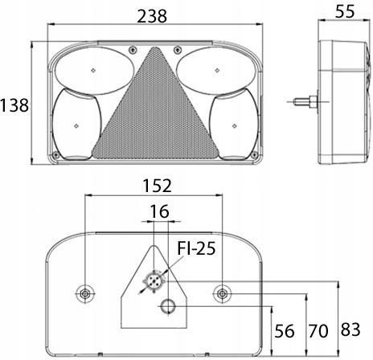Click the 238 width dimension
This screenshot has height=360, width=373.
pos(152,16)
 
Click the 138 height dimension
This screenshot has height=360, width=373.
pos(14,105)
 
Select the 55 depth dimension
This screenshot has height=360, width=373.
pos(345,11)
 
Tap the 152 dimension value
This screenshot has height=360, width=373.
pos(157,186)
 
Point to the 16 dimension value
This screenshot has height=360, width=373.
pos(159,211)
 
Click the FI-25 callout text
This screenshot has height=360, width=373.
pos(196,248)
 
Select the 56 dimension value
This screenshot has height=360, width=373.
pos(285,331)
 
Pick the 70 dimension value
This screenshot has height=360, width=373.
pos(318,331)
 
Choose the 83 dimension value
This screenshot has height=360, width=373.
pos(350,329)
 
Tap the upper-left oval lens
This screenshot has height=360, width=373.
pos(94,71)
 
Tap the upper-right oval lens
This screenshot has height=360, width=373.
pos(216,71)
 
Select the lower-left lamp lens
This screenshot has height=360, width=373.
pos(76,125)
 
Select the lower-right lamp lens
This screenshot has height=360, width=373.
pos(234,125)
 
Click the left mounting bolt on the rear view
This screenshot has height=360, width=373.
pos(85,294)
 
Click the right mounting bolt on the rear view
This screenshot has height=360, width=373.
pos(222,294)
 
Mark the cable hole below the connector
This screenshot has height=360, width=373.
pos(168,306)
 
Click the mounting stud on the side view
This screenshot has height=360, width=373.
pos(305,102)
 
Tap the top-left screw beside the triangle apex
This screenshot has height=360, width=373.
pos(132,50)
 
